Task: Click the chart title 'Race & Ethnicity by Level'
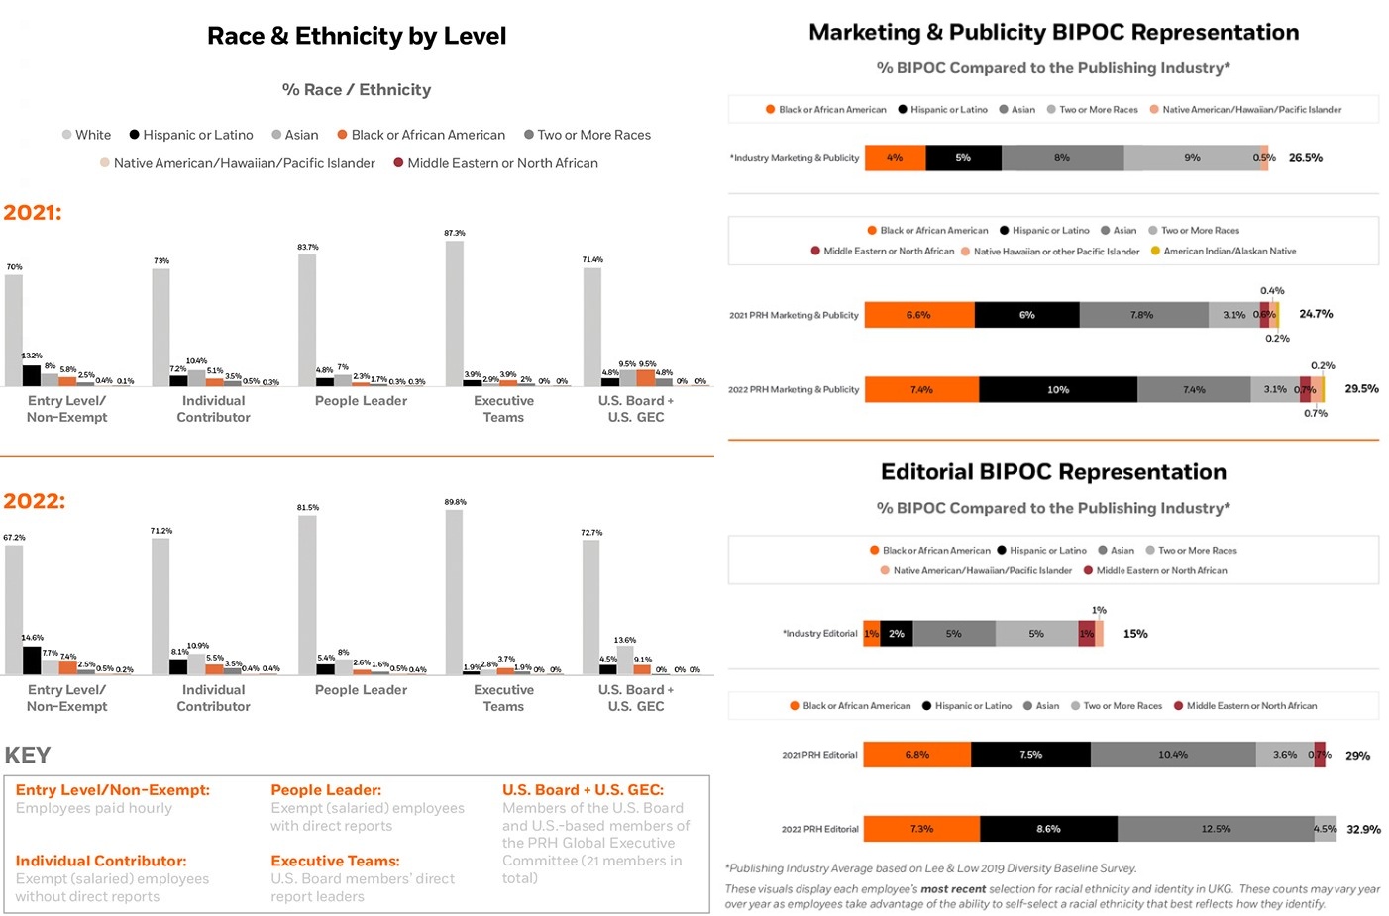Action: click(357, 37)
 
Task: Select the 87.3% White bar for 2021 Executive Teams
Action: click(454, 313)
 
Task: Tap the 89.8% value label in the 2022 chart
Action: click(455, 502)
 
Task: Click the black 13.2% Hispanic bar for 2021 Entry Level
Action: click(32, 375)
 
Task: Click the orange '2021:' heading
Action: click(33, 212)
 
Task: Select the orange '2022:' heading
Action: click(35, 501)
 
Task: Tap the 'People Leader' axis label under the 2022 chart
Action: click(361, 690)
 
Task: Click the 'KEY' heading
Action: click(28, 755)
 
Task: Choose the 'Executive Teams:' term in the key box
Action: click(335, 861)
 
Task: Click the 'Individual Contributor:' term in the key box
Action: click(100, 861)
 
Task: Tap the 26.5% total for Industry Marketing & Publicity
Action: click(1305, 158)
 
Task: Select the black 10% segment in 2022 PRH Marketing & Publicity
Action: click(1057, 389)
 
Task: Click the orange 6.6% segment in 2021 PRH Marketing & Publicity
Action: click(918, 315)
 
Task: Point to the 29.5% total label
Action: click(1361, 389)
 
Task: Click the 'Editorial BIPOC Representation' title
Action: click(1053, 472)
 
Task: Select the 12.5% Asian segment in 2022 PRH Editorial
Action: click(1215, 829)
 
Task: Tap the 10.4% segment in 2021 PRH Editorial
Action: click(1172, 755)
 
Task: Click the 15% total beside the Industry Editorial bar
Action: click(1135, 634)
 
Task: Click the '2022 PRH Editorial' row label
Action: click(819, 829)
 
